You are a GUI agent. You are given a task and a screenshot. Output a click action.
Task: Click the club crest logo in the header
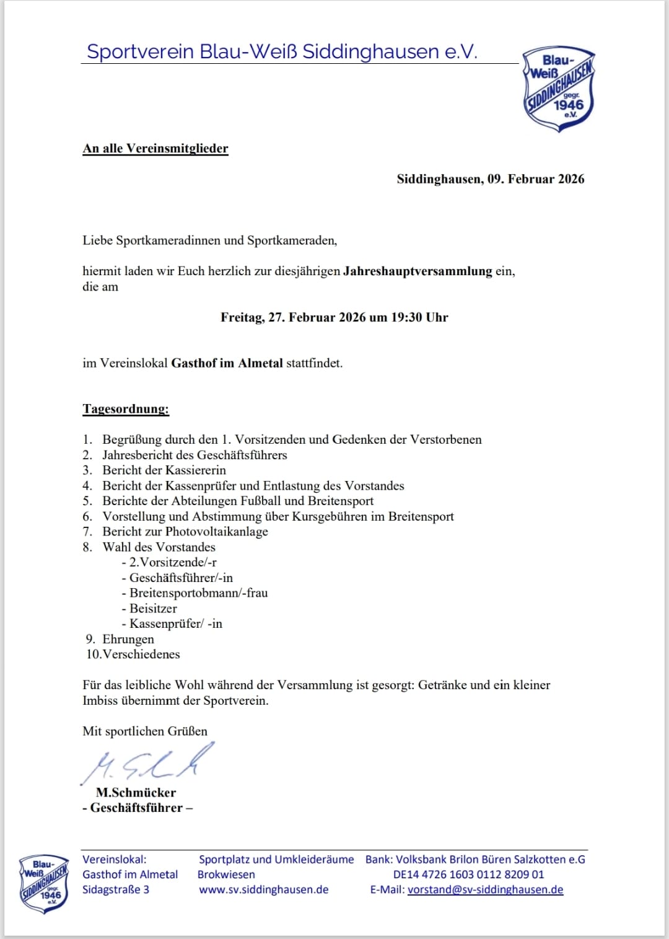click(x=559, y=89)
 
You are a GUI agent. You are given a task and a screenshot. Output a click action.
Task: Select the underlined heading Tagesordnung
click(x=126, y=409)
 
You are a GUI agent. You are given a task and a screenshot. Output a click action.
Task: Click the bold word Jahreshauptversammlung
click(x=418, y=271)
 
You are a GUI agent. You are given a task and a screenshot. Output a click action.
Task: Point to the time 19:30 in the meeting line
click(x=406, y=317)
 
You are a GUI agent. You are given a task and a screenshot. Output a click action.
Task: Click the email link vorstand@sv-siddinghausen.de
click(x=485, y=889)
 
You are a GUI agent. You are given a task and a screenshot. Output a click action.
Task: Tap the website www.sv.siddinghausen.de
click(x=263, y=889)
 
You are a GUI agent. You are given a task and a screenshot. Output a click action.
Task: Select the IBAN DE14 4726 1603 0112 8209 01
click(x=468, y=875)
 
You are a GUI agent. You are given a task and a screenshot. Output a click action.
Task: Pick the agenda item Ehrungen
click(x=128, y=639)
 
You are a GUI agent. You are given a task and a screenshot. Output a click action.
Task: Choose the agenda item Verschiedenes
click(x=141, y=655)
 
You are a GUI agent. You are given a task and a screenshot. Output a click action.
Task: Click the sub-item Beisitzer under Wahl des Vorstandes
click(x=153, y=609)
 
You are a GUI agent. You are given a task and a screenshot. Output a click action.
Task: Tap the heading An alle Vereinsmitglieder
click(x=155, y=148)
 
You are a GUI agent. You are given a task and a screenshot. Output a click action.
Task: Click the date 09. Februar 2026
click(x=536, y=179)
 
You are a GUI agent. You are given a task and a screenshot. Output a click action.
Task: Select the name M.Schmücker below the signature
click(x=136, y=793)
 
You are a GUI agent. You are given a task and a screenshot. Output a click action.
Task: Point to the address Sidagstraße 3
click(x=116, y=889)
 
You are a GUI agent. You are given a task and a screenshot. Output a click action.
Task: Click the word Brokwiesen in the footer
click(x=226, y=875)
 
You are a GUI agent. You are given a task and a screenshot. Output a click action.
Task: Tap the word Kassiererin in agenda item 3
click(x=195, y=470)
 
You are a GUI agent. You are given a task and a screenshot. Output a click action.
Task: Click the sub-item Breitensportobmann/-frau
click(x=198, y=593)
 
